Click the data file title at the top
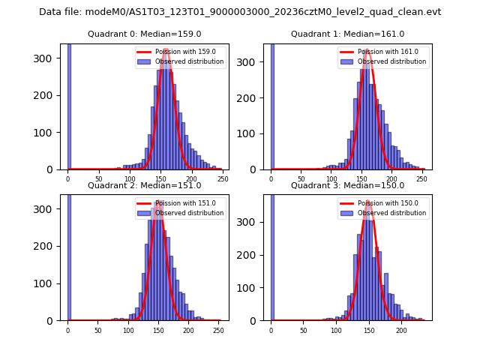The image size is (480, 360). [240, 12]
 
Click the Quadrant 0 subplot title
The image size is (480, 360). [144, 34]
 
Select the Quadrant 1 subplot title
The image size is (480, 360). [347, 34]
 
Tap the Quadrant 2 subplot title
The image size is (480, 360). [144, 185]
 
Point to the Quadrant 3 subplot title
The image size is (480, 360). [347, 185]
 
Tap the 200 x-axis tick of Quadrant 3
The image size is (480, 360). [401, 330]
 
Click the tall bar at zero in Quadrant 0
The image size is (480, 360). [68, 105]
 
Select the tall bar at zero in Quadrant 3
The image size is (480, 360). [271, 255]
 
